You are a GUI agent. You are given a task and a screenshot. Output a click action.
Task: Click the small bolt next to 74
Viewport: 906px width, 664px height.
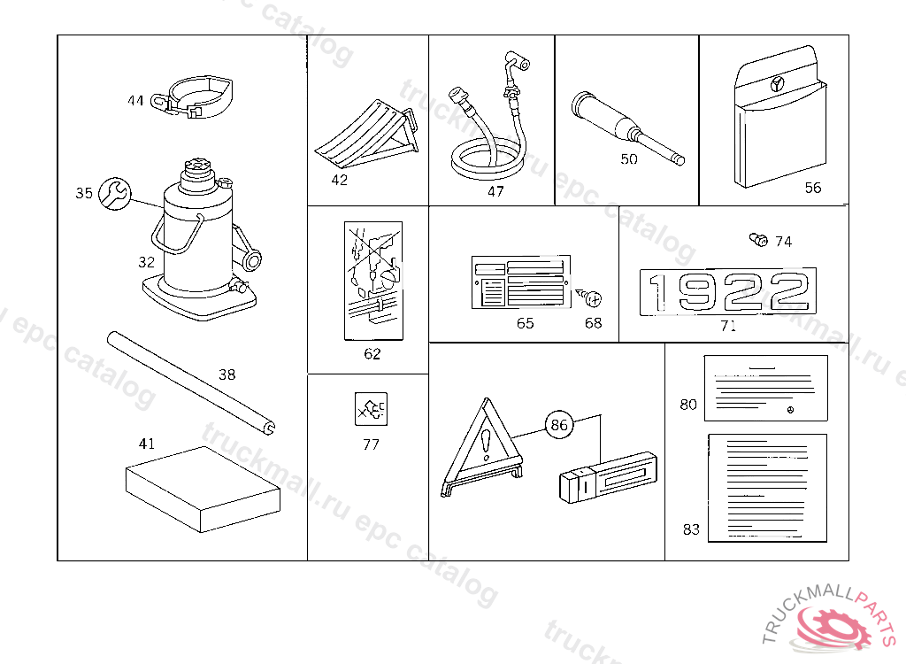[756, 239]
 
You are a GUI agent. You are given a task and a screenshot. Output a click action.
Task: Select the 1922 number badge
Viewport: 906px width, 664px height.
[728, 292]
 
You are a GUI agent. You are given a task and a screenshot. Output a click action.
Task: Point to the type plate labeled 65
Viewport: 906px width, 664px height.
[519, 283]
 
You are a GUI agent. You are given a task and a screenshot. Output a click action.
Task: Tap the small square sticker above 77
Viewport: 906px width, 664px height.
[372, 410]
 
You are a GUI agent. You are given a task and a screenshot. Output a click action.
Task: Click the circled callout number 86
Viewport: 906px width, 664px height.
[559, 425]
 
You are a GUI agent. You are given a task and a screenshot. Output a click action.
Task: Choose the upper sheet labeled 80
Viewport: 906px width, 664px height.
[765, 387]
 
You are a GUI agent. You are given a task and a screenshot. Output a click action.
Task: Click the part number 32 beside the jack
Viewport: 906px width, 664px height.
[146, 262]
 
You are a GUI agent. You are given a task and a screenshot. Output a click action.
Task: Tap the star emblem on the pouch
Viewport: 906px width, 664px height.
[776, 85]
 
